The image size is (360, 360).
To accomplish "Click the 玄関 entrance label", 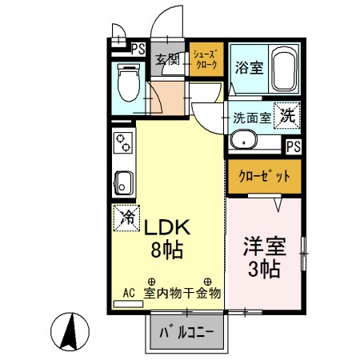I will (x=167, y=59).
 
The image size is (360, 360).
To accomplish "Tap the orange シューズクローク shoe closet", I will (x=206, y=59).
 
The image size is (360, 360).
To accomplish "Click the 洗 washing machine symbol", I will (x=288, y=115).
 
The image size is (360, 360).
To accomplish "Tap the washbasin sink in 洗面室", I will (x=242, y=141).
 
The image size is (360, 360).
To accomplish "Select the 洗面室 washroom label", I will (x=251, y=118).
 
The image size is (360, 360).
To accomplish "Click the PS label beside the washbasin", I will (x=294, y=146).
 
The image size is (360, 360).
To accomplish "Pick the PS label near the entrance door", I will (x=138, y=49).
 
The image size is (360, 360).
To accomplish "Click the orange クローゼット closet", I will (x=264, y=176).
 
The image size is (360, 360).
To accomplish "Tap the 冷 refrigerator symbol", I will (x=126, y=216).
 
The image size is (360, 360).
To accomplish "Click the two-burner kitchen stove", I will (x=124, y=145).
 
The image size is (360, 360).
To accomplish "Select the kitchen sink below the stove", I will (x=124, y=180).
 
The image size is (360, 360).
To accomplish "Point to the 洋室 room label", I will (x=263, y=245).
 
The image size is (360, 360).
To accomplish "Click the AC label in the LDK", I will (x=130, y=293).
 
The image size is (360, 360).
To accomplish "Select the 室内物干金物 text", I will (x=182, y=294).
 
